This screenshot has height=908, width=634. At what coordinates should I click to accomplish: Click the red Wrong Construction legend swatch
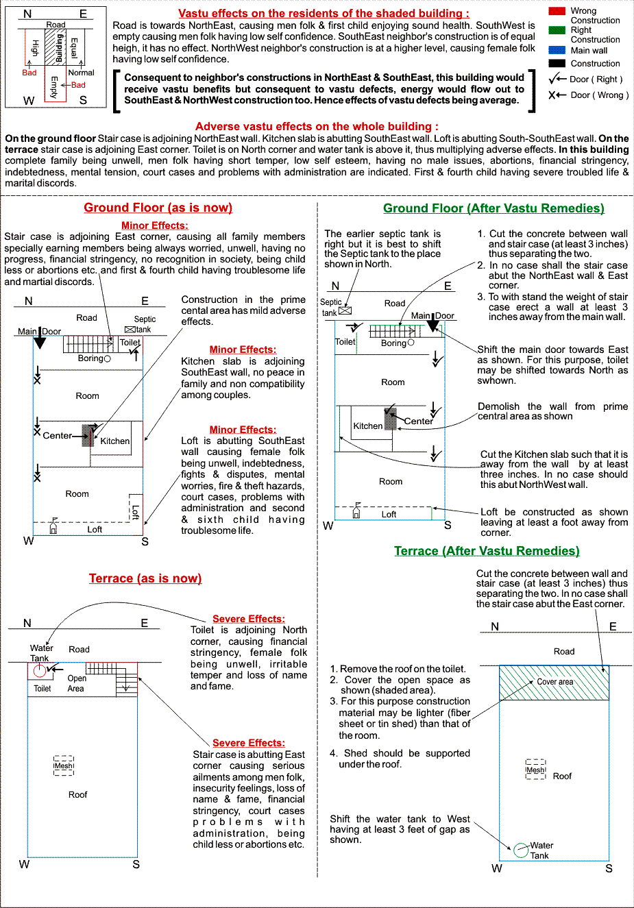click(x=557, y=11)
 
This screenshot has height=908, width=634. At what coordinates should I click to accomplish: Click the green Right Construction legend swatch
click(x=557, y=30)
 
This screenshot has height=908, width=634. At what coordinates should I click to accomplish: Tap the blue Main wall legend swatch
click(x=557, y=50)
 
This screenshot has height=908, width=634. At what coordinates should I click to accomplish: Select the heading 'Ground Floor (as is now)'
click(x=158, y=208)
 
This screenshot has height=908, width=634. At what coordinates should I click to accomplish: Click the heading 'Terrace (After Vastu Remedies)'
click(x=487, y=551)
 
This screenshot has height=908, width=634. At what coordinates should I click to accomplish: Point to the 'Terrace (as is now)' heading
click(x=145, y=578)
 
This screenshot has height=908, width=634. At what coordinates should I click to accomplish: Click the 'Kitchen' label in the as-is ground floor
click(x=114, y=441)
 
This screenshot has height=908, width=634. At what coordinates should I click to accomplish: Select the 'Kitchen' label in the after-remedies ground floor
click(x=367, y=426)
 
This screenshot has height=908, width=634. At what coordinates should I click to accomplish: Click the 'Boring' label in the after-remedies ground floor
click(x=393, y=343)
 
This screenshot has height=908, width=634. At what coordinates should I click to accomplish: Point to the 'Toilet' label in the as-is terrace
click(x=42, y=689)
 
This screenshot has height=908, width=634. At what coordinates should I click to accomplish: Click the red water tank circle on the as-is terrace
click(x=40, y=670)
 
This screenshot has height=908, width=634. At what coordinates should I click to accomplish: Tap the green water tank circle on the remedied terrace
click(x=521, y=850)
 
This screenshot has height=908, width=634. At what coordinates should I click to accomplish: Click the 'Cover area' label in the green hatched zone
click(x=554, y=682)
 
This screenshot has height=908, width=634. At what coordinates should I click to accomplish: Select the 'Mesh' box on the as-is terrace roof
click(x=64, y=765)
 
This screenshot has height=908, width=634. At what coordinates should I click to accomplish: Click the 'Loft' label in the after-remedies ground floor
click(x=389, y=514)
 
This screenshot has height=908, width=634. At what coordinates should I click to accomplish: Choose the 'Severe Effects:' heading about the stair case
click(x=248, y=743)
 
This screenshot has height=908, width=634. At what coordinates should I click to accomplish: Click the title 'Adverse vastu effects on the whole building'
click(x=317, y=126)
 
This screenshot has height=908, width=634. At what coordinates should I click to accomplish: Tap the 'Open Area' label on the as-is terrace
click(x=76, y=683)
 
